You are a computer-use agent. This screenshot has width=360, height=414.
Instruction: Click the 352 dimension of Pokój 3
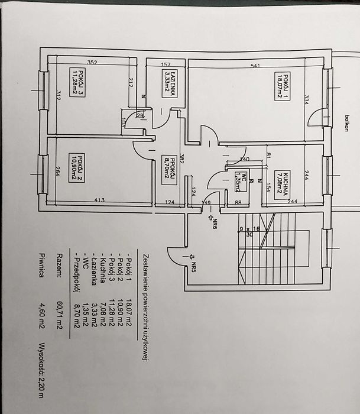(92, 62)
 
